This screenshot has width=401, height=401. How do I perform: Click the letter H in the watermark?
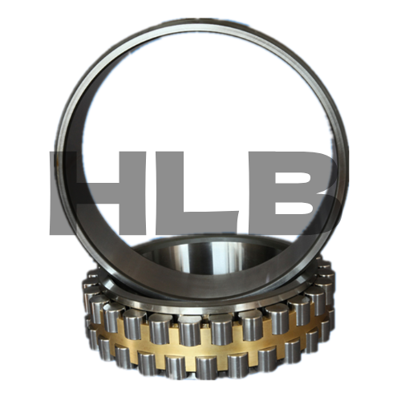[98, 193]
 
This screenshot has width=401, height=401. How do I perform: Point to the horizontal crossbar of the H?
[98, 192]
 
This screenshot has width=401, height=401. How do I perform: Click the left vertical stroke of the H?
[63, 193]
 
